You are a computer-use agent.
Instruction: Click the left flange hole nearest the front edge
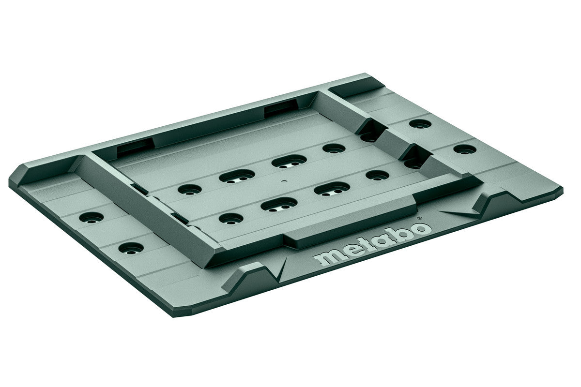(x=131, y=249)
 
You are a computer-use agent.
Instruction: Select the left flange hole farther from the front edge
(x=91, y=218)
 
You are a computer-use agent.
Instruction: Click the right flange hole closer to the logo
(x=464, y=149)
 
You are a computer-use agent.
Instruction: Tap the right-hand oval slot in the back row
(x=289, y=161)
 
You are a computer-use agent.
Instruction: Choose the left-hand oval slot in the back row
(x=237, y=176)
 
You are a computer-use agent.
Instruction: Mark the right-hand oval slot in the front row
(x=332, y=189)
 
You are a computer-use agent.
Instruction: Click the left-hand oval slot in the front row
(x=279, y=204)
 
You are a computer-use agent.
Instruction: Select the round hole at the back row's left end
(x=189, y=189)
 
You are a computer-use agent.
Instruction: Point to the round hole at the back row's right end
(x=334, y=149)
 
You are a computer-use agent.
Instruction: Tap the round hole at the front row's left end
(x=230, y=218)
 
